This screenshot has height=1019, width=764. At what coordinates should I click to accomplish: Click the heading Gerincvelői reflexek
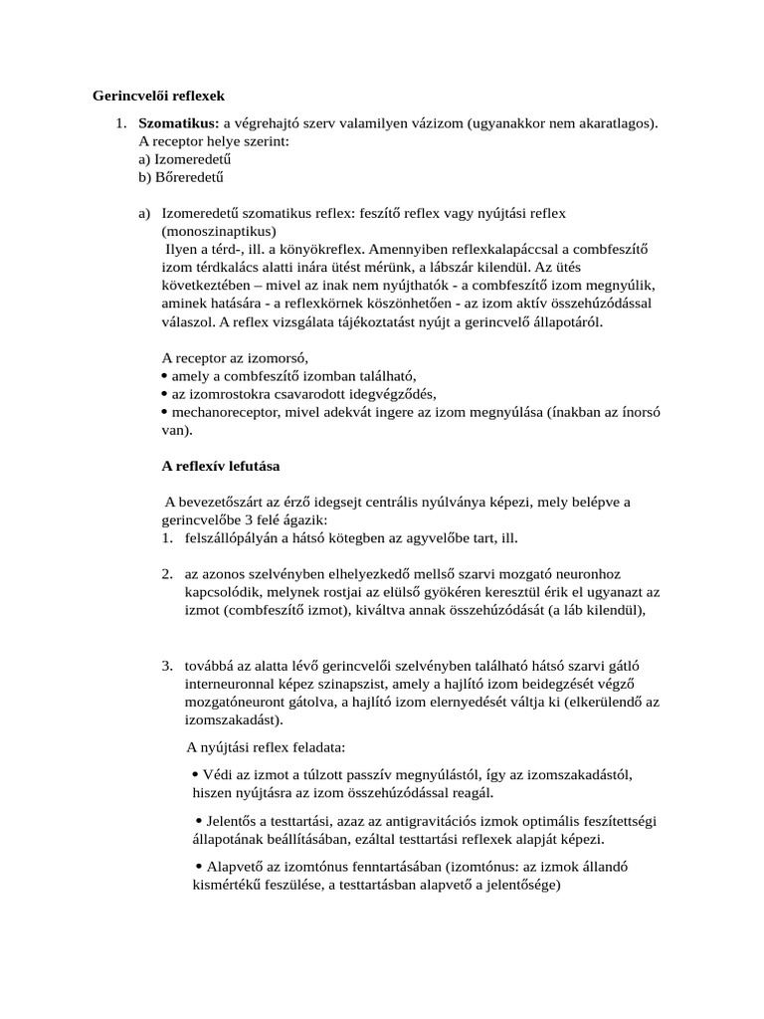coord(159,97)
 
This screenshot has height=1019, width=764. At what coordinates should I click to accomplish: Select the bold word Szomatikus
coord(178,123)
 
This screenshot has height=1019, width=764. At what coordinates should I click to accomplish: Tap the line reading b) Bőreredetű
coord(179,178)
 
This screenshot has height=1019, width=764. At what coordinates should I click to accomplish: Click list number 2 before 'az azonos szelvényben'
coord(167,575)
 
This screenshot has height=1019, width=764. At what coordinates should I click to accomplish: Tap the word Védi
coord(215,775)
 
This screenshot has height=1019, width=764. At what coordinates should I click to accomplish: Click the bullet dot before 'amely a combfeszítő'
coord(164,376)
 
